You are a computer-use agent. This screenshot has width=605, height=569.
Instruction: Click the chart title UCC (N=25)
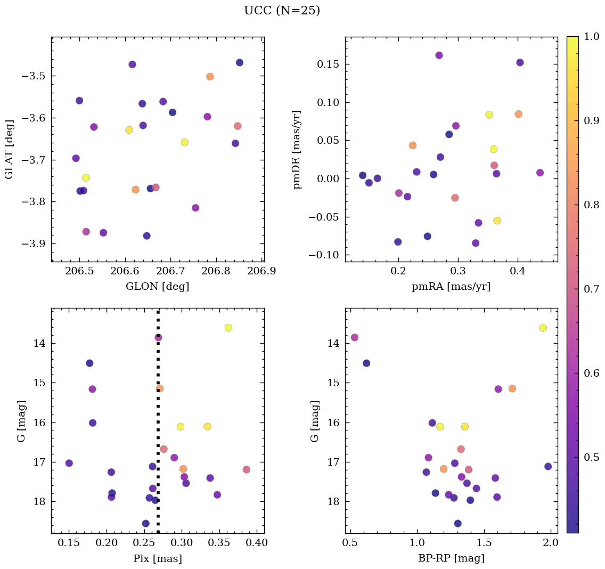(282, 11)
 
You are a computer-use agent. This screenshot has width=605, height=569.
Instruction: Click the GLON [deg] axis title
(157, 287)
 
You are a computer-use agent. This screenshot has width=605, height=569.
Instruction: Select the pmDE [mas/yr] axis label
(297, 149)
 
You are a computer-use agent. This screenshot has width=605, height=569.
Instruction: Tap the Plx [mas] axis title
(157, 558)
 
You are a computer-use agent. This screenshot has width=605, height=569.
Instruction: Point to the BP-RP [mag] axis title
(451, 558)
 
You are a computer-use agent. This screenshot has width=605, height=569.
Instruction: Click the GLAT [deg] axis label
(9, 149)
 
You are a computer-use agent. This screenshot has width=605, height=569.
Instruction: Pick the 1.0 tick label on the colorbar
(591, 37)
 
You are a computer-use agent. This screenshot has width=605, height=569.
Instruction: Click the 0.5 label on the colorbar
(591, 457)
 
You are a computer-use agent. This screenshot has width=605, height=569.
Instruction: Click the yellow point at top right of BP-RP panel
(543, 328)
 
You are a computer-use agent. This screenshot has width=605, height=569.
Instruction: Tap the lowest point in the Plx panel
(145, 523)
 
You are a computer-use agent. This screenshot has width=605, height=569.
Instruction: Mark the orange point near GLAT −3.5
(210, 77)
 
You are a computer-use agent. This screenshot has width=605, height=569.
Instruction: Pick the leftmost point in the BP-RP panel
(354, 337)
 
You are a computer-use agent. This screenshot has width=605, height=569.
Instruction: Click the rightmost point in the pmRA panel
(540, 173)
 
